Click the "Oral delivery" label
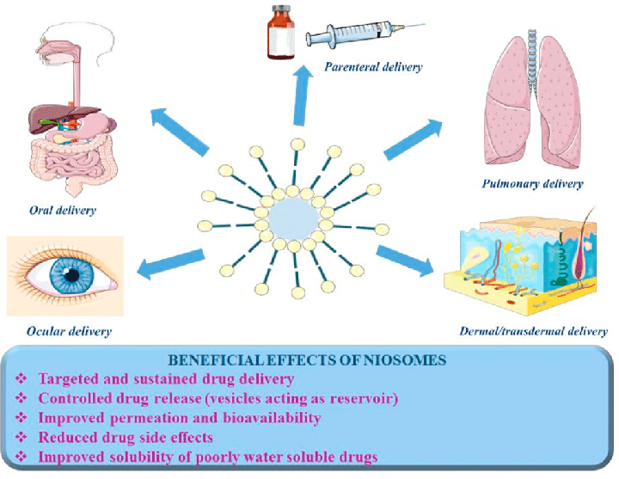click(x=62, y=209)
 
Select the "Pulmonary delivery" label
click(x=533, y=183)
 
